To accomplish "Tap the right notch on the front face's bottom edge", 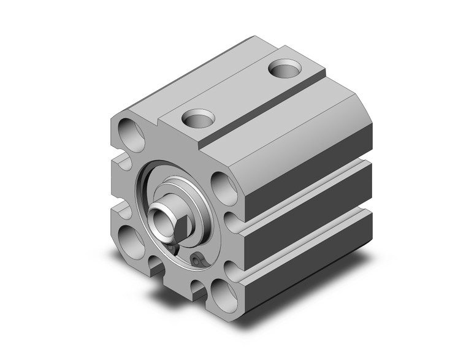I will point(197,288).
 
